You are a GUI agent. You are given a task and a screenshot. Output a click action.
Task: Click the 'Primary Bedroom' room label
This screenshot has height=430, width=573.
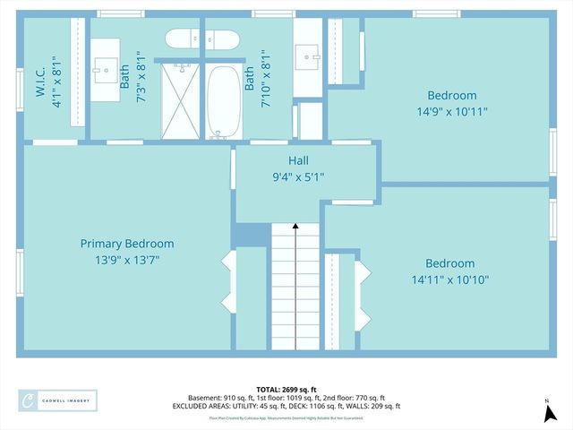click(x=127, y=244)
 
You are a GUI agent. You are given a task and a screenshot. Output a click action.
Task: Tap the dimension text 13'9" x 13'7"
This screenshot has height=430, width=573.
click(x=127, y=260)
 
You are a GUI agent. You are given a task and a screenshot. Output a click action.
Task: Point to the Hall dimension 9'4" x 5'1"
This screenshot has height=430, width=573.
click(x=298, y=176)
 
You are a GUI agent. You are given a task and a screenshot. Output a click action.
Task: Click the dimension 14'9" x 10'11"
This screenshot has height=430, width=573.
click(x=451, y=112)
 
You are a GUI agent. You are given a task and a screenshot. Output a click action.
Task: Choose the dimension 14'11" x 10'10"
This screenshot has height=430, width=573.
click(x=449, y=279)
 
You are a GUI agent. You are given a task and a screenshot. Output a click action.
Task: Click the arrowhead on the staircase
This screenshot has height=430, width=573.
click(x=295, y=228)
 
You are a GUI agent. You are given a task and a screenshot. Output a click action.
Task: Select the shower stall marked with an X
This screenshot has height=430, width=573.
click(x=181, y=101)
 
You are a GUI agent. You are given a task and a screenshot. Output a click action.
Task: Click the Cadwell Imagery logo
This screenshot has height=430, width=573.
click(x=57, y=400)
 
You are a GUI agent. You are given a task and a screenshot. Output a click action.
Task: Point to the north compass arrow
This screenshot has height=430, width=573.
click(x=547, y=411)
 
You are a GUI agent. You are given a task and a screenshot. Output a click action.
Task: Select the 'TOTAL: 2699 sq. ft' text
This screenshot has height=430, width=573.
click(x=286, y=389)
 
